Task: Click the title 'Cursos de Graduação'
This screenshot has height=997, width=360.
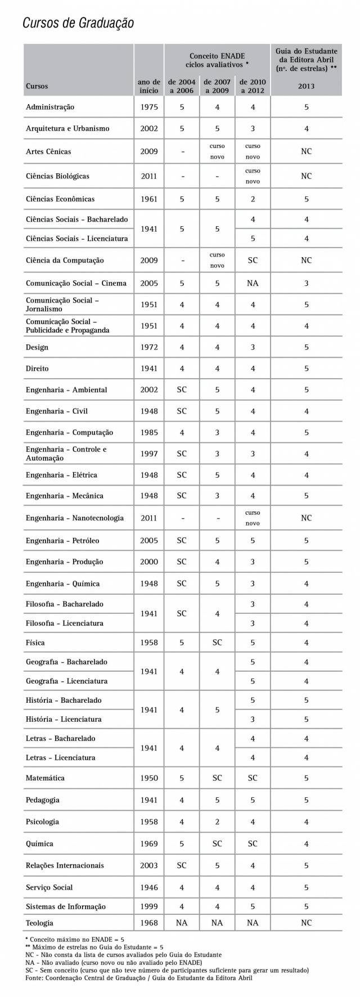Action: pos(78,23)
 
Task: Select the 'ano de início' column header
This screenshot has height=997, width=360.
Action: pos(149,86)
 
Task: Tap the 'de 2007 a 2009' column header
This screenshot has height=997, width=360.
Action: pos(217,86)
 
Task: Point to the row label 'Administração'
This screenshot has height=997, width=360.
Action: pos(50,107)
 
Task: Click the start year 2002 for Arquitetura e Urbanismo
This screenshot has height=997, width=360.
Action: pos(149,128)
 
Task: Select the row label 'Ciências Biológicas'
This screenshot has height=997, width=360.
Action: pos(57,176)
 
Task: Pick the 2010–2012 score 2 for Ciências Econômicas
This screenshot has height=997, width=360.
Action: pos(253,199)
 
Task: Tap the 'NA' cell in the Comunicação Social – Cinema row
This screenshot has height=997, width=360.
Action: pos(253,283)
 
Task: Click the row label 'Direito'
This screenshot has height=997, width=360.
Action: pos(37,369)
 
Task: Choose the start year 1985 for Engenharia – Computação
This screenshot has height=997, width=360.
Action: pos(149,433)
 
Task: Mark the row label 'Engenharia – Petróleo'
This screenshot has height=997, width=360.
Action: pos(62,541)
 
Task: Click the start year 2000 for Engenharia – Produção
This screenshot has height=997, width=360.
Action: pos(149,562)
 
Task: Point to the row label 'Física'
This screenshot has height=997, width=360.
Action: pos(35,643)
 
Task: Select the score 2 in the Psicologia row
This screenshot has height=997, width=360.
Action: pos(217,822)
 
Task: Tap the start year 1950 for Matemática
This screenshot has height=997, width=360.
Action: pos(149,778)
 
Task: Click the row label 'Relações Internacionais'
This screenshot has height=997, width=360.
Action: pos(65,865)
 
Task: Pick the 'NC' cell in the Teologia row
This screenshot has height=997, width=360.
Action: pos(306,923)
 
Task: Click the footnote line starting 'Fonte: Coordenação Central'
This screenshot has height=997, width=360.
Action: pos(139,978)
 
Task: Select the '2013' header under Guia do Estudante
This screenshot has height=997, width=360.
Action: pos(306,86)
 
